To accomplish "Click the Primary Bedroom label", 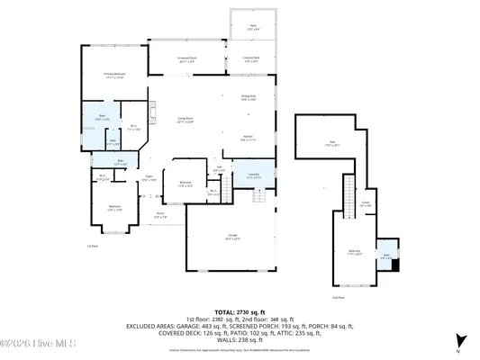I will point(114,75).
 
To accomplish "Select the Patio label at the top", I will point(253,28).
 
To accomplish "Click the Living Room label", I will point(186,121).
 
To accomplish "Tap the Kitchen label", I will point(249,139).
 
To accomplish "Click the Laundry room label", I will point(254,176).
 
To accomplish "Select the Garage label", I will point(232,238).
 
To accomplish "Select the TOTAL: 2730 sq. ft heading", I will point(239,310).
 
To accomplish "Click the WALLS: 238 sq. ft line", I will point(239,341).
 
